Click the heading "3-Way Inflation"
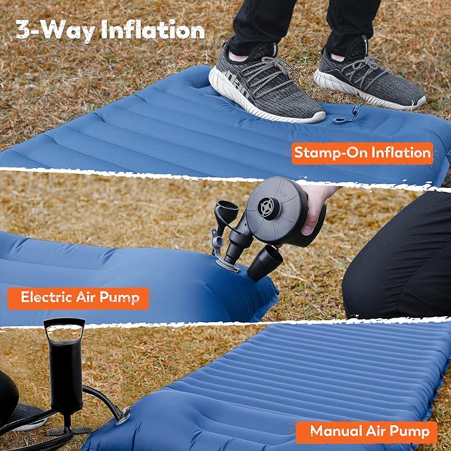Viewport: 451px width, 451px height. (110, 30)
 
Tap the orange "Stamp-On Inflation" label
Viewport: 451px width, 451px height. (363, 153)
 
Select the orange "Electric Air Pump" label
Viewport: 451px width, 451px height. (78, 298)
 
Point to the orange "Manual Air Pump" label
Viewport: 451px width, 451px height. (367, 432)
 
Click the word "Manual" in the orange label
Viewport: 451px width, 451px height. (336, 431)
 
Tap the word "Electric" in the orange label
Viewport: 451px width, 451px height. (46, 297)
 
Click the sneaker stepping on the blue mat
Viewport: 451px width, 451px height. (266, 84)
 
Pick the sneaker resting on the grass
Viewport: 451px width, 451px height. (369, 76)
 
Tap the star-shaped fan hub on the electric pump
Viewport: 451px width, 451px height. (268, 208)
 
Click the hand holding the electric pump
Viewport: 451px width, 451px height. (316, 208)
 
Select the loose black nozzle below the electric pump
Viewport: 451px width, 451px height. (265, 262)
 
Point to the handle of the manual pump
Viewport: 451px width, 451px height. (64, 329)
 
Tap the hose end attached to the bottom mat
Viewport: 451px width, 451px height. (123, 415)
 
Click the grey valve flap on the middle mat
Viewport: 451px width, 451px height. (217, 241)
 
